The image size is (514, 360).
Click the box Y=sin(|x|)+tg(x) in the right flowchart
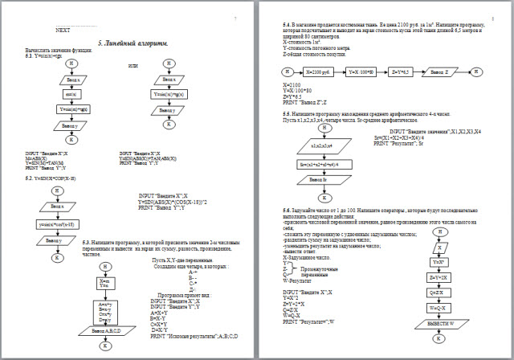(169, 94)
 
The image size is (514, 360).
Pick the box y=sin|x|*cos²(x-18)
(55, 223)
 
